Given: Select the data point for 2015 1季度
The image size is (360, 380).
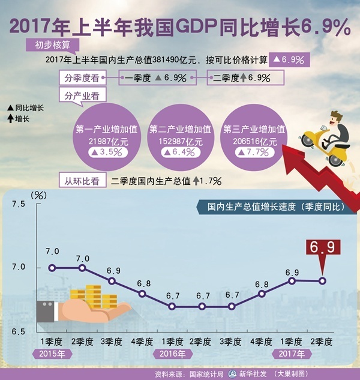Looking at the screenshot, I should click(x=52, y=268).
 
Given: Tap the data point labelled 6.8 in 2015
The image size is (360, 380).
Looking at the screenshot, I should click(x=142, y=294).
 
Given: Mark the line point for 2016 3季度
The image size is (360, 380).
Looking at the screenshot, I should click(x=232, y=306).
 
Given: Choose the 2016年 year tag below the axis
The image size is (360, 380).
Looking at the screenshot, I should click(x=173, y=354).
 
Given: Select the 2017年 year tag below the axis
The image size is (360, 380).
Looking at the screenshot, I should click(x=292, y=354).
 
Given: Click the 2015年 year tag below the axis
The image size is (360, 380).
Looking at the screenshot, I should click(x=53, y=354).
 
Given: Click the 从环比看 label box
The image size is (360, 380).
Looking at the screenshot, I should click(x=82, y=179).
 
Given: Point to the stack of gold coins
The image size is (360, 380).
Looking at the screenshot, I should click(x=94, y=295).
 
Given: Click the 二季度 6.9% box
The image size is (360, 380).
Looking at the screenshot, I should click(x=246, y=77).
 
